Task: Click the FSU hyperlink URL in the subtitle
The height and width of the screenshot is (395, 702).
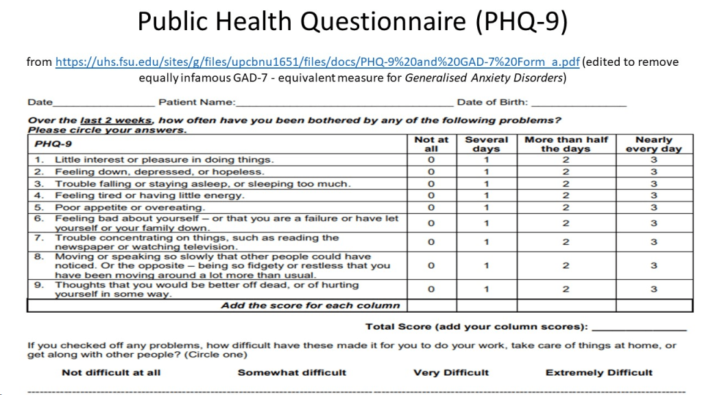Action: click(x=317, y=62)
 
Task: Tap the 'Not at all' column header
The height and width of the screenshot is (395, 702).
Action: click(x=431, y=144)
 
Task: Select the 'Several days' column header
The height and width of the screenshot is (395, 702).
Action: click(x=487, y=144)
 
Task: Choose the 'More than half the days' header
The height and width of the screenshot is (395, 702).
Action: click(x=566, y=144)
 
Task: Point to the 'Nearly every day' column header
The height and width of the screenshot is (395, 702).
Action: click(x=654, y=144)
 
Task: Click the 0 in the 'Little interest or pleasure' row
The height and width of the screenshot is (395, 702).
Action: click(x=431, y=160)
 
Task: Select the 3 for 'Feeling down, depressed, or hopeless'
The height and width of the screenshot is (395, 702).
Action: click(x=654, y=171)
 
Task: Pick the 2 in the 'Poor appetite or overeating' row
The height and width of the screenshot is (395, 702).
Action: click(x=566, y=207)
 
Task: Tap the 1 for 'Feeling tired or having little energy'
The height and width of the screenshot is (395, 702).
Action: click(x=487, y=195)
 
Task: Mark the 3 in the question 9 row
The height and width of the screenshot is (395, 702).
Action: click(x=654, y=289)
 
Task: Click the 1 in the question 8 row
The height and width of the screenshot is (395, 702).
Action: click(x=487, y=265)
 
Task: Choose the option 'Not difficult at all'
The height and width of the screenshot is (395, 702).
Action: click(x=111, y=372)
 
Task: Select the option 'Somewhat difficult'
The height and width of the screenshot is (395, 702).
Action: click(x=292, y=372)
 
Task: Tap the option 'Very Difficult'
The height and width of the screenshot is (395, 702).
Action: click(x=451, y=372)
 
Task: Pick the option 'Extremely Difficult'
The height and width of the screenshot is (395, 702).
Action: click(x=599, y=372)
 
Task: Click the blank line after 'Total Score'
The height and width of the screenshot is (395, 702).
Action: click(x=639, y=328)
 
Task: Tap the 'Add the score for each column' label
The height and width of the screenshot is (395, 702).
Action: click(x=311, y=305)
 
